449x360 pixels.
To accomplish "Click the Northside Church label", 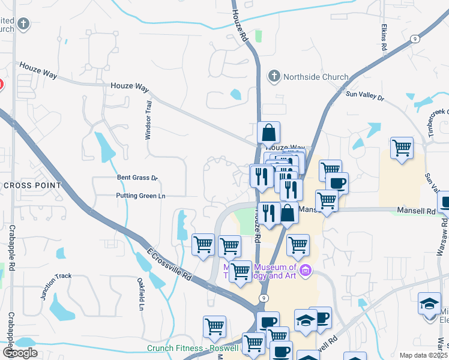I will [x=315, y=77].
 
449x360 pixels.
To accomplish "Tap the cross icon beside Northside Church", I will [x=274, y=76].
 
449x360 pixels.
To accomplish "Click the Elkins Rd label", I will [x=384, y=37].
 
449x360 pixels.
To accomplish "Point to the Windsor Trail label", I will [x=148, y=120].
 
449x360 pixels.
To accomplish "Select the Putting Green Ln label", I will [x=141, y=196].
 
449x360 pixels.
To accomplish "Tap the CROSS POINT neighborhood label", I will [x=32, y=185].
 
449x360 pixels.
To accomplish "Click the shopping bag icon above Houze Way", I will [x=269, y=133].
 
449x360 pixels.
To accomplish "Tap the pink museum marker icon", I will [x=306, y=271].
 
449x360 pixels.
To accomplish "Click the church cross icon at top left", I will [x=23, y=24].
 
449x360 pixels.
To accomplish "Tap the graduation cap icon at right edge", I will [x=430, y=304].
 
